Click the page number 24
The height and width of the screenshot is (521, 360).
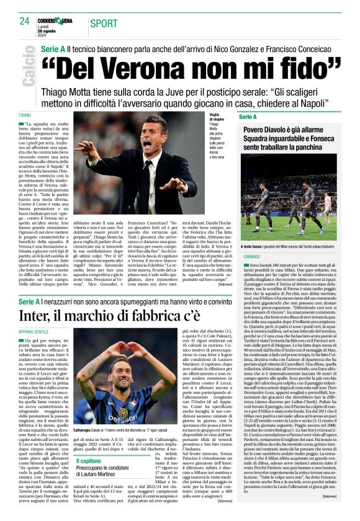coord(24,20)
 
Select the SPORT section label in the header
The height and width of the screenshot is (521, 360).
coord(103,24)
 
